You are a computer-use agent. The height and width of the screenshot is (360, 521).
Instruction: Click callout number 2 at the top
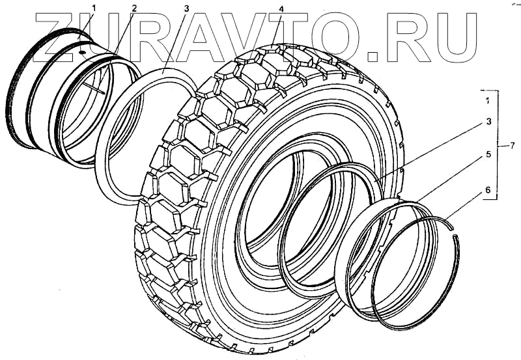pos(134,9)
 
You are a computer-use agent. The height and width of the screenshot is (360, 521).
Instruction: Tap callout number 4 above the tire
pos(281,9)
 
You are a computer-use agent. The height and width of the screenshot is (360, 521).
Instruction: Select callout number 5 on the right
pos(488,154)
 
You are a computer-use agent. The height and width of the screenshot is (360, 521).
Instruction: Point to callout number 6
pos(488,190)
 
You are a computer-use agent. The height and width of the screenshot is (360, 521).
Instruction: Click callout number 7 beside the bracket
pos(512,145)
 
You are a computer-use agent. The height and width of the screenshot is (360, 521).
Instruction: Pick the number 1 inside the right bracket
pos(487,101)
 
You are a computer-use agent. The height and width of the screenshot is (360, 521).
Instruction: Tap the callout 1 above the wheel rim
pos(94,8)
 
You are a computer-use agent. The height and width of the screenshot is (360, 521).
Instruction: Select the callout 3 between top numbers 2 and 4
pos(186,9)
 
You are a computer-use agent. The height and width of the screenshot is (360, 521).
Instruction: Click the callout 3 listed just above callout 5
pos(488,122)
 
